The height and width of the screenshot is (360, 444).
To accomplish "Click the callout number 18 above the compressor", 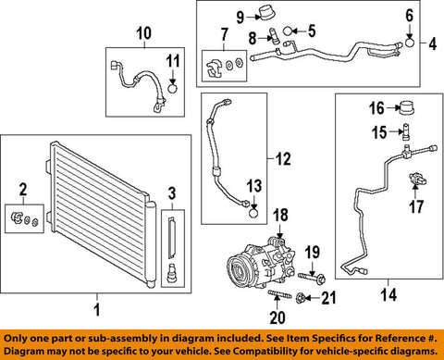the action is coord(280,215).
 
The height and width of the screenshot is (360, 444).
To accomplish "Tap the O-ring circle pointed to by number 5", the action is coord(288,31).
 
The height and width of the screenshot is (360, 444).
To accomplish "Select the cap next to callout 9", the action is coord(266,13).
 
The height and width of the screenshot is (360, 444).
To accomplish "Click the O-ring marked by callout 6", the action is coord(409,43).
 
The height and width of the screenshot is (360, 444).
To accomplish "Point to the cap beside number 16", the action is coord(407,108).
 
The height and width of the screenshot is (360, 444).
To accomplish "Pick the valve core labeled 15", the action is coord(407,132).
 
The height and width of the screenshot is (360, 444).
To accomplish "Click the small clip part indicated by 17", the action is coord(416,180).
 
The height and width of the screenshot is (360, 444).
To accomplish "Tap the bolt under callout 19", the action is coord(312,278).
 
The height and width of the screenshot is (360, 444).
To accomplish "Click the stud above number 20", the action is coord(279,294).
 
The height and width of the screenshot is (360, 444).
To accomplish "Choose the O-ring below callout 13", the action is coord(253,213).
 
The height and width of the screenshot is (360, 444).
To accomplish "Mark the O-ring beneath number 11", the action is coord(173,89).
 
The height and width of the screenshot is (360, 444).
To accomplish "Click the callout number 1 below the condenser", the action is coord(97,309).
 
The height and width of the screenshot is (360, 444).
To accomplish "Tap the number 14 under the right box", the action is coord(388,295).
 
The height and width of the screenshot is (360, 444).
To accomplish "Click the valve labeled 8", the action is coord(273,36).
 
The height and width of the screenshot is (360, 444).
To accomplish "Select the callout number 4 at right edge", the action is coord(433,43).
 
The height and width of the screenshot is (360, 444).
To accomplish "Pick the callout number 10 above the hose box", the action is coord(144,33).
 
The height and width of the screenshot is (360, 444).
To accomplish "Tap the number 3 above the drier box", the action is coord(172,193).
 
